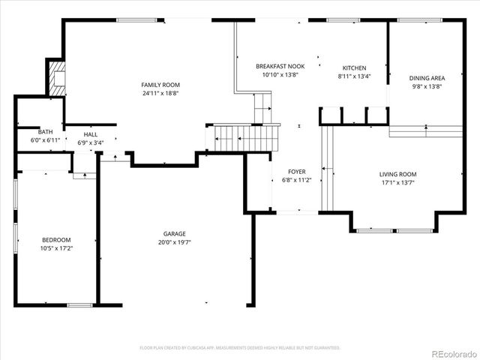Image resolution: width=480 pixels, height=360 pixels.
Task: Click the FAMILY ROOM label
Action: click(161, 85)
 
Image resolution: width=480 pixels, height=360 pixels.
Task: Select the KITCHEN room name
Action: click(354, 67)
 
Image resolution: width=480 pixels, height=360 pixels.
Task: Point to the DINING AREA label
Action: click(427, 78)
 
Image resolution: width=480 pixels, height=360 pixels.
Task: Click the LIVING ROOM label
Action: click(397, 174)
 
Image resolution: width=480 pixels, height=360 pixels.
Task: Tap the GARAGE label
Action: click(175, 233)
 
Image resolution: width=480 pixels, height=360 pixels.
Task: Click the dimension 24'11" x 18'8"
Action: click(161, 94)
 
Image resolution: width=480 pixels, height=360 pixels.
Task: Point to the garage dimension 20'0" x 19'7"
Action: click(175, 242)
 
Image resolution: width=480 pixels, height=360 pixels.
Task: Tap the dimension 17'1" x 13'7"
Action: click(397, 183)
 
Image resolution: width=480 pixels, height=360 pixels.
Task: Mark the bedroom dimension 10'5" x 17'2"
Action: click(55, 248)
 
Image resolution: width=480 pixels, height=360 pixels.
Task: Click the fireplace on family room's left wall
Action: click(55, 76)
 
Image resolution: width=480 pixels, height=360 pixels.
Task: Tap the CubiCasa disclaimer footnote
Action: click(240, 348)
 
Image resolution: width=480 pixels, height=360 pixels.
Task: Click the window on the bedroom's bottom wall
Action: click(79, 304)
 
